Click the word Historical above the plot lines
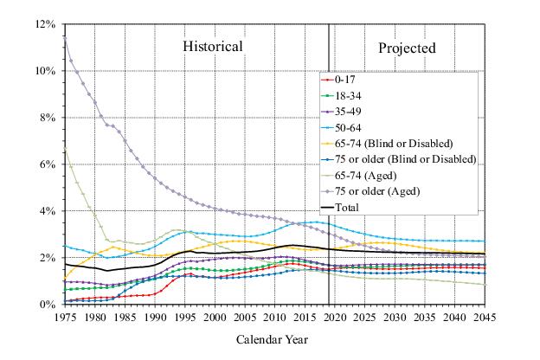tap(212, 46)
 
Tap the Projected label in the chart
tap(407, 48)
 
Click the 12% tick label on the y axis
tap(45, 24)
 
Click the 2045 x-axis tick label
tap(484, 318)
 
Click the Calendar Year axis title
tap(273, 339)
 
